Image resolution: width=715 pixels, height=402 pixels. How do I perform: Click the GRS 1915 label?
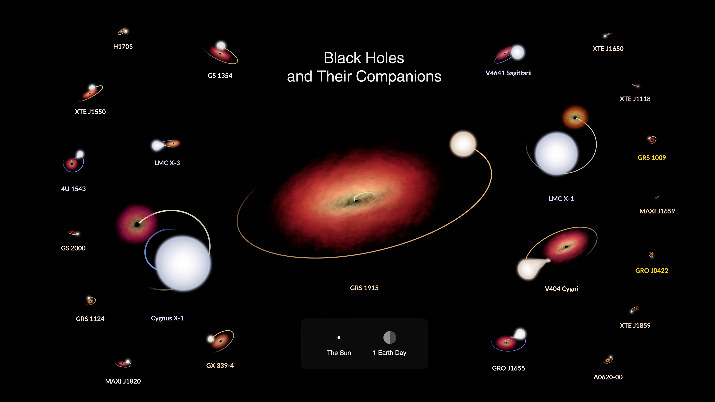tap(364, 288)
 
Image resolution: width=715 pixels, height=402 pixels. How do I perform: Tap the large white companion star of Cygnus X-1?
tap(183, 263)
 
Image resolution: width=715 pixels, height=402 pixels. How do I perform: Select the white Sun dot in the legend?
tap(339, 338)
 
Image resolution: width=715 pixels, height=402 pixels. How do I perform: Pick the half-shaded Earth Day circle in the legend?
tap(390, 337)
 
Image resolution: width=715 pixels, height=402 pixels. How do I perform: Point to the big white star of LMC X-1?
tap(557, 153)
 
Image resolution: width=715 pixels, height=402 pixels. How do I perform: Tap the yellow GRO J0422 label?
tap(652, 270)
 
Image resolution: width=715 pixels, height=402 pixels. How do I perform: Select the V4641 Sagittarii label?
tap(509, 73)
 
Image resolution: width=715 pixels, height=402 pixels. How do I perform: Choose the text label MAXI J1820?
tap(123, 381)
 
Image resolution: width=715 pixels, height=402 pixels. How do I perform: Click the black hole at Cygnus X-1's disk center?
tap(137, 225)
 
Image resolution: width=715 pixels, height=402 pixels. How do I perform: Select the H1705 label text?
tap(123, 47)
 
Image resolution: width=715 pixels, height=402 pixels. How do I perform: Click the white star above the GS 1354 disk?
tap(221, 45)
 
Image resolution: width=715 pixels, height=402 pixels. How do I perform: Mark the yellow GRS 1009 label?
tap(652, 158)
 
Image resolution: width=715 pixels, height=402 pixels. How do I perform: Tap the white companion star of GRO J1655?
tap(520, 334)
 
